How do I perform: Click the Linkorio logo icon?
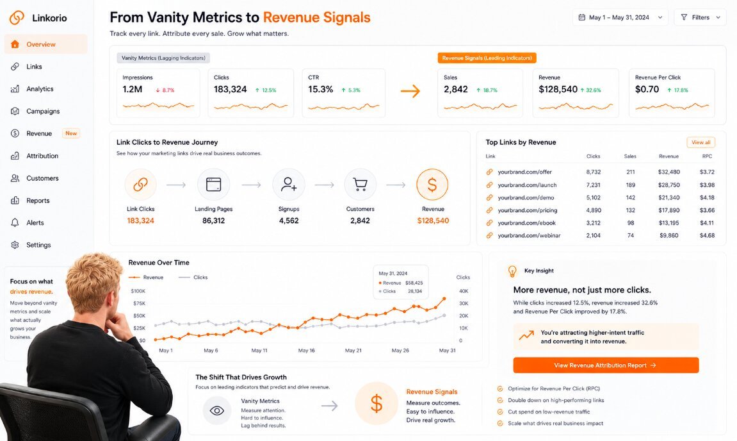(17, 17)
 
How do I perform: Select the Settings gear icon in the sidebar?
(15, 245)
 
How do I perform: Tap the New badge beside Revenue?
(71, 133)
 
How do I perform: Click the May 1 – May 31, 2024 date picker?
(620, 17)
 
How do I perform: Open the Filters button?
(700, 17)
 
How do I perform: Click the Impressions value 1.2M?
(133, 90)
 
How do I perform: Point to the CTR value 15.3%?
(321, 90)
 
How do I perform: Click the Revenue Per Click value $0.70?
(647, 90)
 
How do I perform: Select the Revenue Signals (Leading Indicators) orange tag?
(487, 58)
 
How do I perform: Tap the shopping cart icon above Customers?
(360, 185)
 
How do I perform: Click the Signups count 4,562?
(289, 220)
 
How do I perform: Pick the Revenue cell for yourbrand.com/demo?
(669, 197)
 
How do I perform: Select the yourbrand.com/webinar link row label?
(530, 235)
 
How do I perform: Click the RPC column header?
(708, 156)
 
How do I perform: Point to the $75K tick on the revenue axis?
(139, 304)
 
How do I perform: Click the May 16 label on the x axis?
(307, 351)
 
